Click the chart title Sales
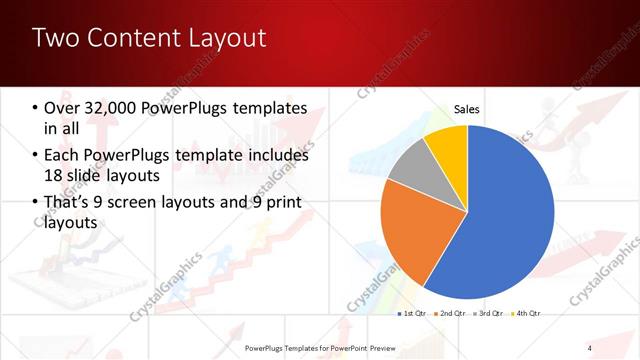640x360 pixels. point(467,108)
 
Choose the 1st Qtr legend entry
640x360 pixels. point(411,314)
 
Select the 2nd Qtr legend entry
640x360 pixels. point(450,314)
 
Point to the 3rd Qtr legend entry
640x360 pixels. point(488,314)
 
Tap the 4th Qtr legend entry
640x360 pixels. point(526,314)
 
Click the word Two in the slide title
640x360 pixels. point(56,39)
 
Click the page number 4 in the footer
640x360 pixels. point(590,347)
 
